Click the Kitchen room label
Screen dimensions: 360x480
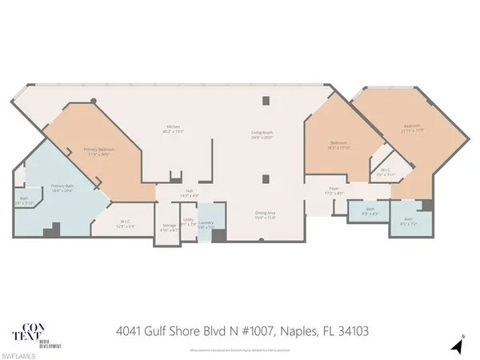(172, 129)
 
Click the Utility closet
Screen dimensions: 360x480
(189, 224)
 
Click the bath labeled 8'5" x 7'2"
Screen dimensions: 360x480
(409, 221)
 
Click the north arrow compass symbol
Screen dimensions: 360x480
(458, 344)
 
